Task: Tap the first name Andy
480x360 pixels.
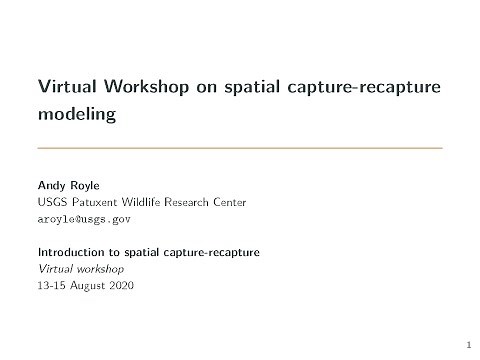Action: pyautogui.click(x=51, y=185)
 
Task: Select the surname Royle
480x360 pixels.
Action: pyautogui.click(x=86, y=185)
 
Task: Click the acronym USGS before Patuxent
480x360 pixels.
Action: pyautogui.click(x=51, y=202)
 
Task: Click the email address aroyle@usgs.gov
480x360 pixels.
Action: pyautogui.click(x=83, y=218)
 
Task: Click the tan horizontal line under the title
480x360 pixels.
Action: pyautogui.click(x=239, y=148)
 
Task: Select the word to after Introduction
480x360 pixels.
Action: pyautogui.click(x=120, y=251)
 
